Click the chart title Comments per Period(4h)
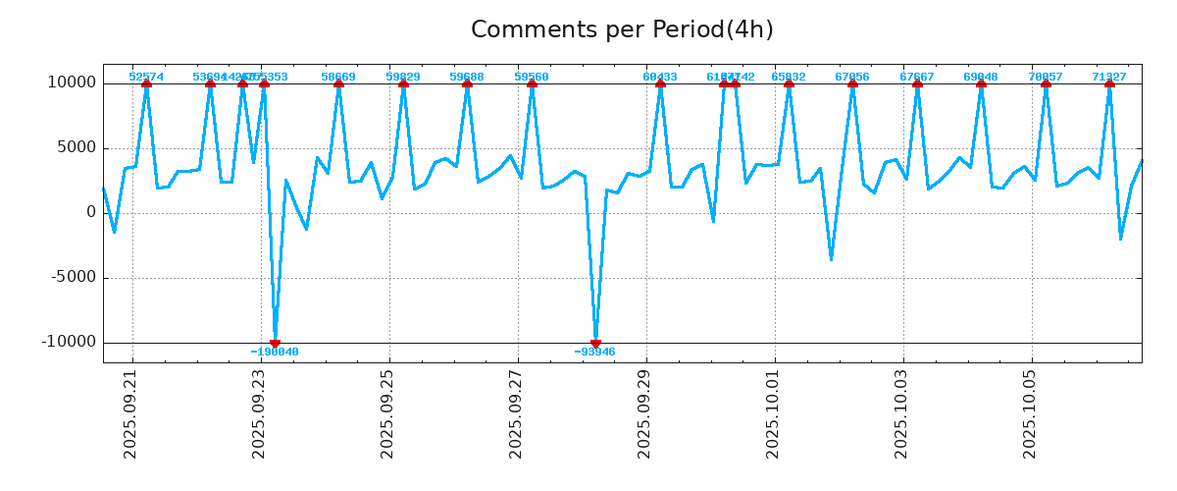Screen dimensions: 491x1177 622,29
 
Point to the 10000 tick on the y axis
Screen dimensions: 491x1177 72,82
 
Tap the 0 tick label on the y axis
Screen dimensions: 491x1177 91,212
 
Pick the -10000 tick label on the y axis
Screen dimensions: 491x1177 69,342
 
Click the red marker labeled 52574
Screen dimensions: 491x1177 146,84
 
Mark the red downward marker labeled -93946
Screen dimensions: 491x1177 595,343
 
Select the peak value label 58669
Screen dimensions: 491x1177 338,77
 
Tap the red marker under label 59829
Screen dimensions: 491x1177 403,84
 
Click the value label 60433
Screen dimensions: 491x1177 660,77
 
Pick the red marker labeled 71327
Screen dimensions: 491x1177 1109,84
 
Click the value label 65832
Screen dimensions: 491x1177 789,77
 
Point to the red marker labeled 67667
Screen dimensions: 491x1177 917,84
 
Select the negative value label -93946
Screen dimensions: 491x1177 595,352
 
